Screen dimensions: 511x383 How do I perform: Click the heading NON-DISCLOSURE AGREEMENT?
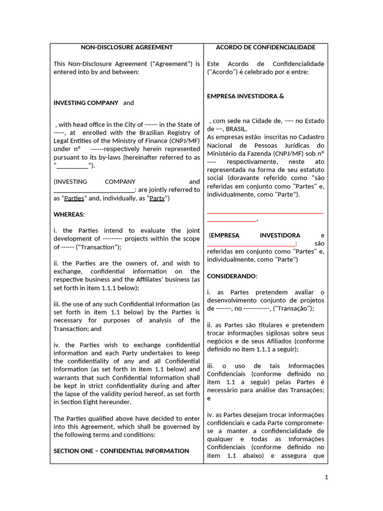tap(127, 47)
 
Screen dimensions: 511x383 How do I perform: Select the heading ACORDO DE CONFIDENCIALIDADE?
tap(265, 47)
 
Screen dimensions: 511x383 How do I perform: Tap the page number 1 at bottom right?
tap(326, 478)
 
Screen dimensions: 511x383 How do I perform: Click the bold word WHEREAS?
tap(69, 215)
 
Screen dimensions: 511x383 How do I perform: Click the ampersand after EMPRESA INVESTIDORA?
tap(281, 96)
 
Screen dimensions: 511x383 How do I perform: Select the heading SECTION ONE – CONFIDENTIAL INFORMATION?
tap(121, 451)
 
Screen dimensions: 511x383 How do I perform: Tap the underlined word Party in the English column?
tap(157, 199)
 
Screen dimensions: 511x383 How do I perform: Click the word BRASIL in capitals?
tap(235, 129)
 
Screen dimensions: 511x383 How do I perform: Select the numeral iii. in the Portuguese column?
tap(210, 366)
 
